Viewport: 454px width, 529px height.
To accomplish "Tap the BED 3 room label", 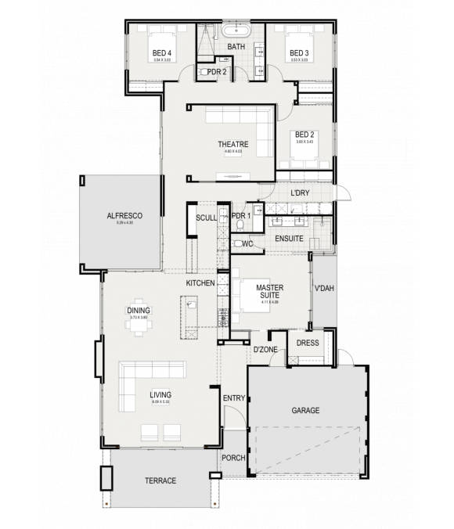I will [x=299, y=53].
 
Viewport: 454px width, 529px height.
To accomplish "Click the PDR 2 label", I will [x=217, y=72].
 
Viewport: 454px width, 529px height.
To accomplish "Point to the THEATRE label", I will [x=232, y=145].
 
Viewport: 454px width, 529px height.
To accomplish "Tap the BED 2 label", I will [x=304, y=135].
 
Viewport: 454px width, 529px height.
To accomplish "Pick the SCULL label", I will [x=207, y=218].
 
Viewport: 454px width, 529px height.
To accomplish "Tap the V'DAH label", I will [x=323, y=289].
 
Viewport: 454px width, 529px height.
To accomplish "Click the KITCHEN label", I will [x=200, y=282].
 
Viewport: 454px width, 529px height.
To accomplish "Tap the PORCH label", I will [x=233, y=458].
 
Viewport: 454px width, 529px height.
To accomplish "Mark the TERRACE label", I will [x=160, y=480].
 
